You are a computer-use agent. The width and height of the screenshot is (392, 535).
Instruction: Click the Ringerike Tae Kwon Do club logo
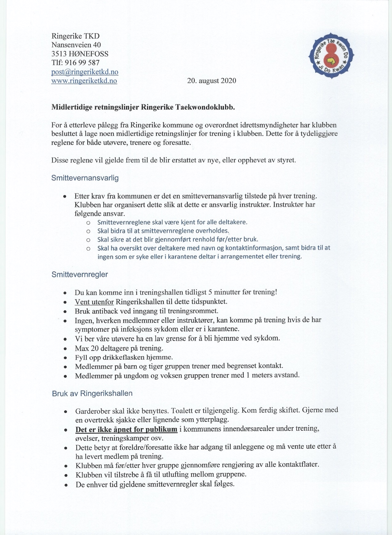(x=331, y=55)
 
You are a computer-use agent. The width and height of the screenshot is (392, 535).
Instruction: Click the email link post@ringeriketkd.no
(x=85, y=72)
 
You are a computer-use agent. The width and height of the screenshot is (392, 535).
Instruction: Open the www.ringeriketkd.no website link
(x=84, y=81)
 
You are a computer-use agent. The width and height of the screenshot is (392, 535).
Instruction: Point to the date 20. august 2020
(x=212, y=81)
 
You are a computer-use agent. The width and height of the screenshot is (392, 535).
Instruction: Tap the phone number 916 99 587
(x=82, y=63)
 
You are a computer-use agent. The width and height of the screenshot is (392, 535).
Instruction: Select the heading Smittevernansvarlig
(x=85, y=178)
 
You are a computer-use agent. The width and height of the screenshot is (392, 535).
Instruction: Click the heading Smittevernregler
(x=80, y=274)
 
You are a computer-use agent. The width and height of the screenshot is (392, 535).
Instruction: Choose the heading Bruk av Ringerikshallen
(x=92, y=393)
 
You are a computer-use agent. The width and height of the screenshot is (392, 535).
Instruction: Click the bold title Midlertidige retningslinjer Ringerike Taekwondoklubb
(x=143, y=107)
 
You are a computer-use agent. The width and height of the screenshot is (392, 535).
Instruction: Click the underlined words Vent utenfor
(x=94, y=301)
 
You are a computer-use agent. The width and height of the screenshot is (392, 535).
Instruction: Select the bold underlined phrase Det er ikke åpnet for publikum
(x=126, y=429)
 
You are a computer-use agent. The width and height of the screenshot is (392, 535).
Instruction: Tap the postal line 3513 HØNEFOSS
(x=80, y=54)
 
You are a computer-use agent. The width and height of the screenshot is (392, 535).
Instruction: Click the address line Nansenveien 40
(x=76, y=45)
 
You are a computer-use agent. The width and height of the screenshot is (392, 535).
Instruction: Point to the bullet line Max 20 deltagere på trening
(x=119, y=348)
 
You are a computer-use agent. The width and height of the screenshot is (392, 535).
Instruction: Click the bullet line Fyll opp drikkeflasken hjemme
(x=124, y=357)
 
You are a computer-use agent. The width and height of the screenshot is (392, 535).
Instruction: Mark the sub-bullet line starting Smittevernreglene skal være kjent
(x=172, y=222)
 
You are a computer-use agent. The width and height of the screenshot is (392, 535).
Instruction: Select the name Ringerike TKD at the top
(x=75, y=36)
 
